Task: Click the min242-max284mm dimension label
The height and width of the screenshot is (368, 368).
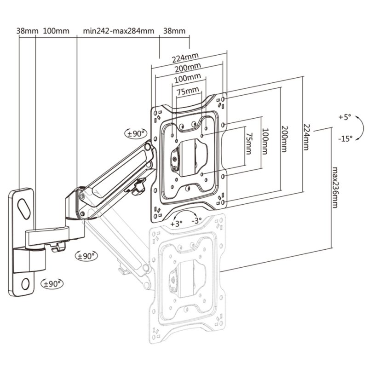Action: [118, 31]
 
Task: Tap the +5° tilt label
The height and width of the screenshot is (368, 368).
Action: [344, 118]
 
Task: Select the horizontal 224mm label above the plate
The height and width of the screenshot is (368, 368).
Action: [185, 58]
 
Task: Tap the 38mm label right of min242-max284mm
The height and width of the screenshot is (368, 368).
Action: [174, 31]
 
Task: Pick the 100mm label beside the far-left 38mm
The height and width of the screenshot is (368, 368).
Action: [56, 31]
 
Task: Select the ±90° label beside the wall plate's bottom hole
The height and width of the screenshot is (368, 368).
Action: [53, 283]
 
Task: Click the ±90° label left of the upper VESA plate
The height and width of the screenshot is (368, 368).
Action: [136, 133]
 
